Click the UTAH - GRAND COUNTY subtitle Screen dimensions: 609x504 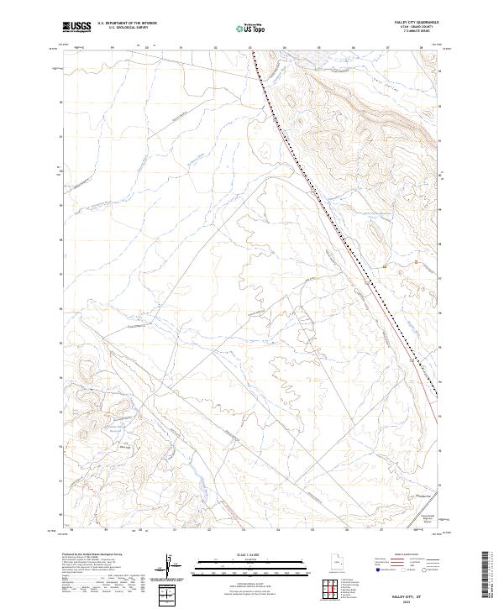[414, 28]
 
